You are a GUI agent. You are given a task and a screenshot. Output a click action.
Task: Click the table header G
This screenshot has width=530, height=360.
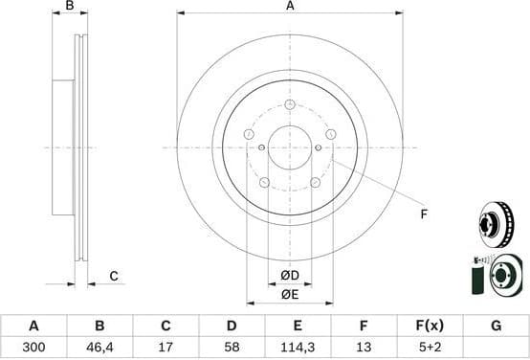[x=496, y=326]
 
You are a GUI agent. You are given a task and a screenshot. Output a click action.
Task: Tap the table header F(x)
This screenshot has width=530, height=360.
[x=429, y=326]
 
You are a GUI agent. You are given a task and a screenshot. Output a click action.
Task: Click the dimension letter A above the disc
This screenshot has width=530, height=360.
[x=290, y=7]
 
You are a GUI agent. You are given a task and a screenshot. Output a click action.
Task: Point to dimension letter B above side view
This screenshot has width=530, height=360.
[x=69, y=7]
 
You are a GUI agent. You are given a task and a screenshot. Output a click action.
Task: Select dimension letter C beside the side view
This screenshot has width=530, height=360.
[x=113, y=277]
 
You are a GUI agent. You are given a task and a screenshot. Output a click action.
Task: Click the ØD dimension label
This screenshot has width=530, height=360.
[x=290, y=277]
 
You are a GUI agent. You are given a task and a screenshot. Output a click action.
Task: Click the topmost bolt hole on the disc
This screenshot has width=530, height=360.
[x=290, y=104]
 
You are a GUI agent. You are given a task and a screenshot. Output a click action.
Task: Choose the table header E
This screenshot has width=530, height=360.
[x=297, y=326]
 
